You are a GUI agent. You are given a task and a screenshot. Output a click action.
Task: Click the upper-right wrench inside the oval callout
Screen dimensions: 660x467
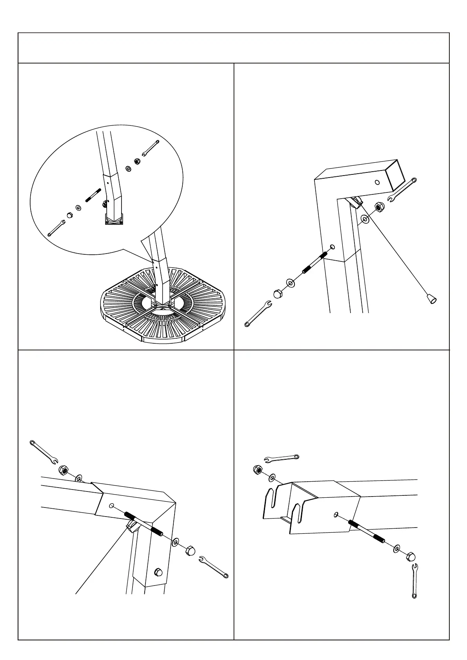point(150,148)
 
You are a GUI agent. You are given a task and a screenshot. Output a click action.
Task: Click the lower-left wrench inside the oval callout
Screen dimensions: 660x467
point(56,228)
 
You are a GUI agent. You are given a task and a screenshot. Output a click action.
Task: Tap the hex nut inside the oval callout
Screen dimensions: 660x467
point(137,161)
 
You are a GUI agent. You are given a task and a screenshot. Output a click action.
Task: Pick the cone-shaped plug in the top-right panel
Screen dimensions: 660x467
point(432,299)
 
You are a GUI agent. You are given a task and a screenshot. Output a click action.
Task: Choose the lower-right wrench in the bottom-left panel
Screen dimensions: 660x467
point(214,567)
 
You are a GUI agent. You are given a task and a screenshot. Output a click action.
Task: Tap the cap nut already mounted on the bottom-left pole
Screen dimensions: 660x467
point(159,572)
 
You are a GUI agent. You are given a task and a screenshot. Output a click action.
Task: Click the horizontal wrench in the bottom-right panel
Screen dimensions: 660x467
point(282,458)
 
